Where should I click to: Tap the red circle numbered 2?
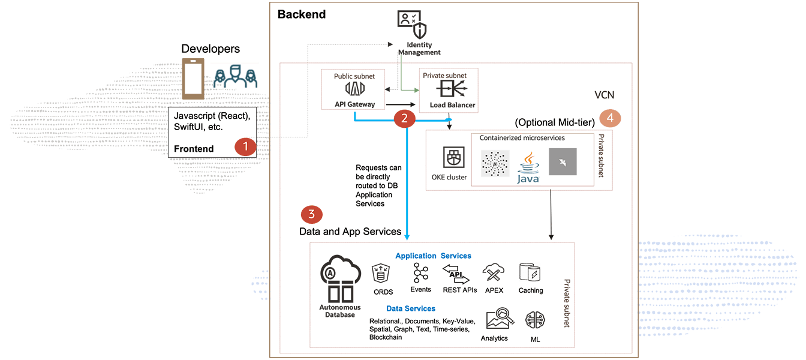405,118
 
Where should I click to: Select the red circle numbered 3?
311,214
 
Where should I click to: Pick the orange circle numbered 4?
610,118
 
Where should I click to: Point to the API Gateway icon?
355,88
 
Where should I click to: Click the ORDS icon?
382,274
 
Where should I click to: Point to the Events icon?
421,273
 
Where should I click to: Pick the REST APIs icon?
456,275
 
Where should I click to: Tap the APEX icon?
494,274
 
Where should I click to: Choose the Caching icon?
530,273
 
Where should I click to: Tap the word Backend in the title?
302,14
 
